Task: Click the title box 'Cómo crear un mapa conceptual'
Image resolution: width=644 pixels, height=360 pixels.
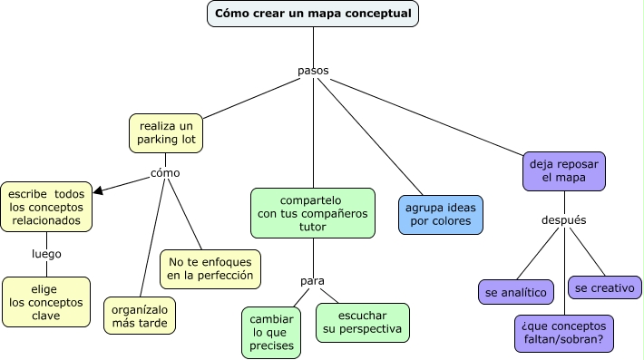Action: pyautogui.click(x=313, y=14)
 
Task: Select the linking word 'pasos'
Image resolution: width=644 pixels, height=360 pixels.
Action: pyautogui.click(x=313, y=71)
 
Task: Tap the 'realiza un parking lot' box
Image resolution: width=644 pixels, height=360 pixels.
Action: pyautogui.click(x=166, y=132)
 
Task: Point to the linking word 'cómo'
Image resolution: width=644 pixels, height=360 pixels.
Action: pyautogui.click(x=165, y=172)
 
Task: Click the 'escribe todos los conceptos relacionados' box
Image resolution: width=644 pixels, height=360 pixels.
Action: pyautogui.click(x=46, y=207)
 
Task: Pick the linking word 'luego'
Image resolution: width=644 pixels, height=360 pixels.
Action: pyautogui.click(x=46, y=254)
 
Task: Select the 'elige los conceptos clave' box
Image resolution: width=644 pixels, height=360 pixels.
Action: pyautogui.click(x=46, y=302)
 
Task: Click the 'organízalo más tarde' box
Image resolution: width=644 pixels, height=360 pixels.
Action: pyautogui.click(x=140, y=316)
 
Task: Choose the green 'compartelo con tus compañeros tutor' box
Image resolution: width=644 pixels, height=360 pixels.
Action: pyautogui.click(x=313, y=214)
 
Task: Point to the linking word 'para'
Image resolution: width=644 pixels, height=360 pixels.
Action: pyautogui.click(x=313, y=281)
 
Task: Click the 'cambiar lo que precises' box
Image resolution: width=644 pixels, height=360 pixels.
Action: pyautogui.click(x=271, y=333)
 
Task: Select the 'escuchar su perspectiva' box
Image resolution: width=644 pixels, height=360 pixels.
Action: pyautogui.click(x=362, y=321)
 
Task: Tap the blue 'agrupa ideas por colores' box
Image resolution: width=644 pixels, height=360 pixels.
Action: pyautogui.click(x=441, y=214)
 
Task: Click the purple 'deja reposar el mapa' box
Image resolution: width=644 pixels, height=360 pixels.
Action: pyautogui.click(x=564, y=171)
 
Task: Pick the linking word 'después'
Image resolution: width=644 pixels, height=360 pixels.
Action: pyautogui.click(x=563, y=219)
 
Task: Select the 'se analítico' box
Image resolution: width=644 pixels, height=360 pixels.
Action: pyautogui.click(x=516, y=292)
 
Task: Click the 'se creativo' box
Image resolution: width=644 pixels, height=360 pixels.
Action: pyautogui.click(x=605, y=287)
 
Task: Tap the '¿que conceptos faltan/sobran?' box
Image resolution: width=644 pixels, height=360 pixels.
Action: pyautogui.click(x=563, y=334)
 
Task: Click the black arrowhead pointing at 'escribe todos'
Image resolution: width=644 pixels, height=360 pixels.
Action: pyautogui.click(x=99, y=190)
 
